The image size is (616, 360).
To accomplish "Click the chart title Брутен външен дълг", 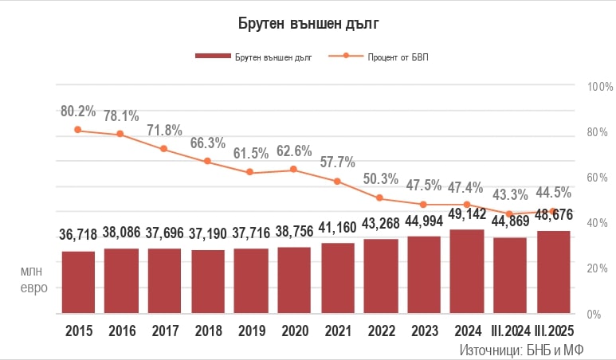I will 308,23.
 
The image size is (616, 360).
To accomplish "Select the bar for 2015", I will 78,282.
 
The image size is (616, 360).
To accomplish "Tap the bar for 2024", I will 467,272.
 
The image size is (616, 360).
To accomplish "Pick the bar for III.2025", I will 552,272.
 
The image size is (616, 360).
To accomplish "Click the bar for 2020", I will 294,280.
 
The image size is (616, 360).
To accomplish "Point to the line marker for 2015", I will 78,130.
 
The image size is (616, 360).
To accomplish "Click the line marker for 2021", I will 337,182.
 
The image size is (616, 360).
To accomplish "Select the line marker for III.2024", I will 510,214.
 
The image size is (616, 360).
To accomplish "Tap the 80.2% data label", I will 78,111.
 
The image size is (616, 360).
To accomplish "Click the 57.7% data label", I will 337,162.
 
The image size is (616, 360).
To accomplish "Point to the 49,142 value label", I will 467,215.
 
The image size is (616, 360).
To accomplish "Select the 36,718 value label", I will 78,235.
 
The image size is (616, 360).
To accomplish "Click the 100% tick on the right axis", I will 599,86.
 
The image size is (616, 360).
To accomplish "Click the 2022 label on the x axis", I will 380,331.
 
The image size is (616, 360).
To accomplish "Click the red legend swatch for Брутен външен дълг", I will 212,57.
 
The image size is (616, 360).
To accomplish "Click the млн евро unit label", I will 33,280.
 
